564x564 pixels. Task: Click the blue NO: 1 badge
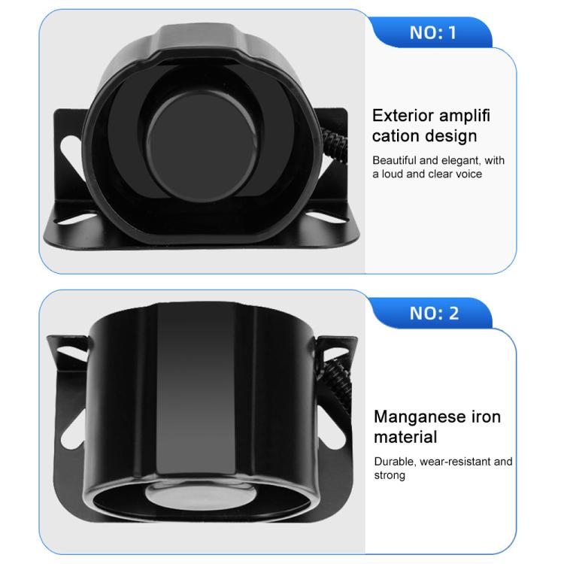[432, 32]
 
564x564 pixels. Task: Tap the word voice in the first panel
[468, 174]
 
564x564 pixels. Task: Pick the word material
[405, 438]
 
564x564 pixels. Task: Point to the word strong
[390, 476]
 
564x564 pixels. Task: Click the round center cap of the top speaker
[202, 146]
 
